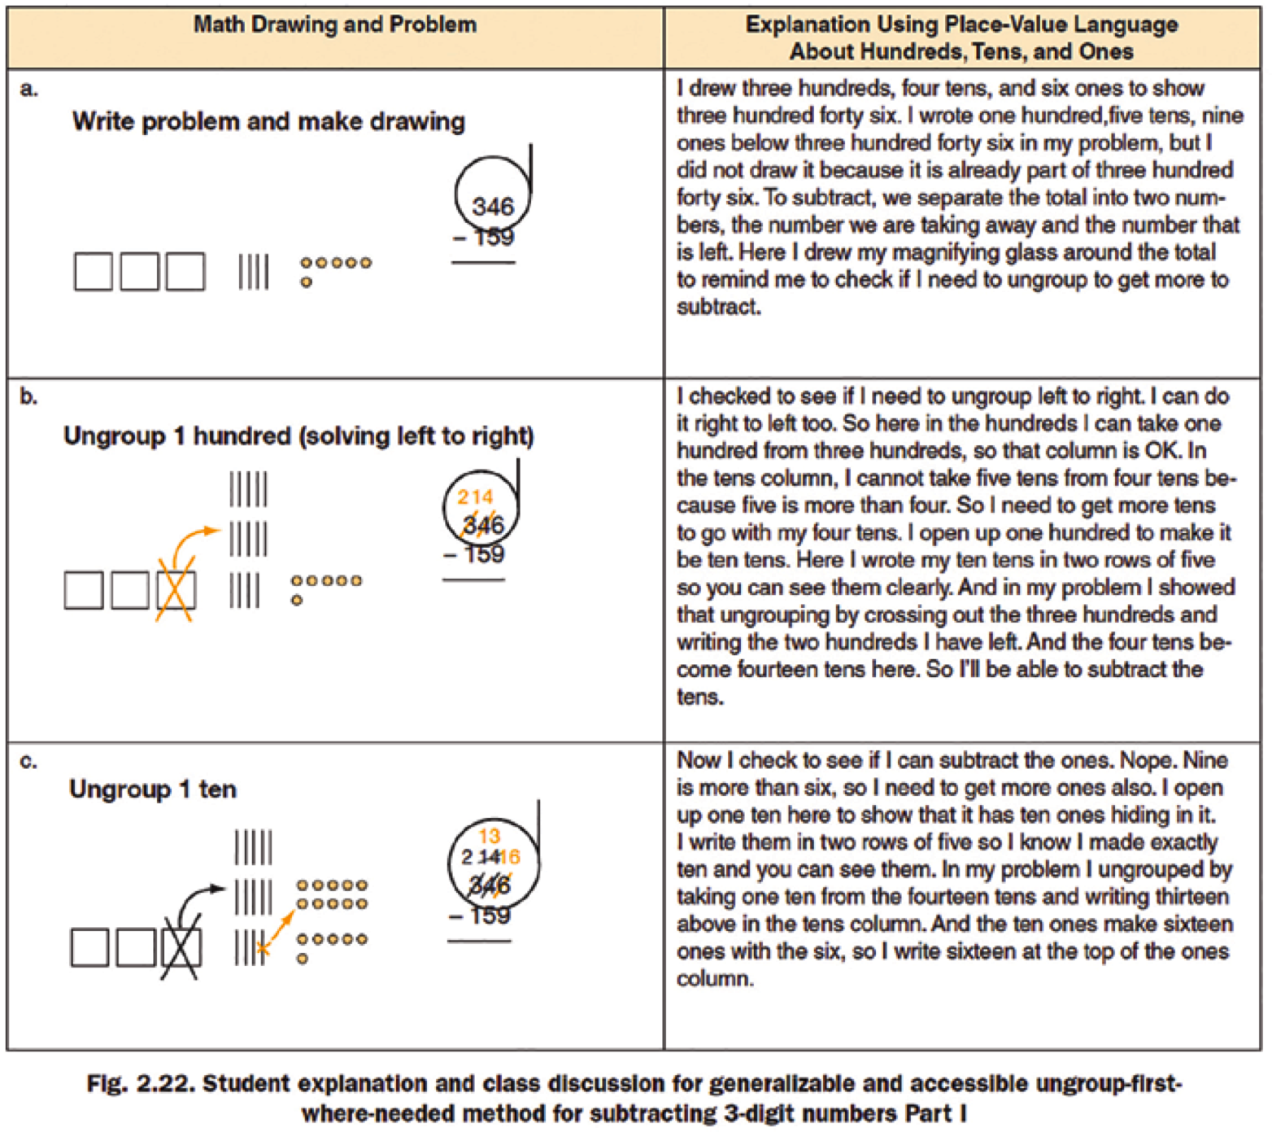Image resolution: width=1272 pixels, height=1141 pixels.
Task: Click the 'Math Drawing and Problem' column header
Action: pyautogui.click(x=334, y=24)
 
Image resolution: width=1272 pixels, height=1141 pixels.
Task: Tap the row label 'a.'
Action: pyautogui.click(x=28, y=89)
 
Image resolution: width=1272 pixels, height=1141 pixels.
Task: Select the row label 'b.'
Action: pyautogui.click(x=28, y=397)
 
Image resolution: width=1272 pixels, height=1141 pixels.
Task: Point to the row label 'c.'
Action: pyautogui.click(x=28, y=762)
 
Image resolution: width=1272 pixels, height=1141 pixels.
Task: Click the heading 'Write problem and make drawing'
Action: pyautogui.click(x=268, y=122)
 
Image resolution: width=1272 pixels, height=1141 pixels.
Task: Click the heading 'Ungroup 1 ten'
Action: pyautogui.click(x=153, y=789)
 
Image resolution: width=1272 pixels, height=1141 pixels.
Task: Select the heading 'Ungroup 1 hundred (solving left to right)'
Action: pyautogui.click(x=298, y=436)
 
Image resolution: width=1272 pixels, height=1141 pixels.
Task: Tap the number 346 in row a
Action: pyautogui.click(x=493, y=206)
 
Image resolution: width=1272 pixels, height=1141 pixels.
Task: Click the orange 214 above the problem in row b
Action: pyautogui.click(x=475, y=496)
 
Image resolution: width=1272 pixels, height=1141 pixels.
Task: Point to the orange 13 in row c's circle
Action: pyautogui.click(x=489, y=836)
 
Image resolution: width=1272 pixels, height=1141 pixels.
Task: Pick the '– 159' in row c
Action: pyautogui.click(x=480, y=916)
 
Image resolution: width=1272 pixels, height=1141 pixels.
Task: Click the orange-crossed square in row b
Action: pyautogui.click(x=176, y=590)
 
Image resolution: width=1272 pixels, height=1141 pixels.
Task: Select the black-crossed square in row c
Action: pyautogui.click(x=181, y=948)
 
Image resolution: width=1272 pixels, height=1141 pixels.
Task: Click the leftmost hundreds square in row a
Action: pyautogui.click(x=94, y=271)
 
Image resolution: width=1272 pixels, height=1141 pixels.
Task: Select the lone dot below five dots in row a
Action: pyautogui.click(x=306, y=282)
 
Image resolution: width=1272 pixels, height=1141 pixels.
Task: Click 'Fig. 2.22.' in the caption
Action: pyautogui.click(x=139, y=1084)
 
